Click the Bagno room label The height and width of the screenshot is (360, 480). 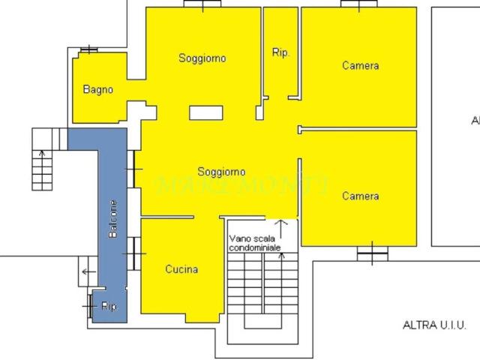point(98,90)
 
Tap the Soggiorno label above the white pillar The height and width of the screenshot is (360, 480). point(202,58)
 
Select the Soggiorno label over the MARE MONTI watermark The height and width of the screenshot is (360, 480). point(221,172)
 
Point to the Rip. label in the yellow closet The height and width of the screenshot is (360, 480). point(280,52)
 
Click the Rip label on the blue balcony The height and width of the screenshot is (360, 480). point(109,306)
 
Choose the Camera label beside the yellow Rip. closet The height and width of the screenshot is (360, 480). point(360,65)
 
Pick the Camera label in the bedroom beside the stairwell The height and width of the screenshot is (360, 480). point(360,196)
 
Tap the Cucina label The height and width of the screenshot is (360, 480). point(181,269)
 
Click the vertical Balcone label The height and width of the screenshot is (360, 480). point(113,219)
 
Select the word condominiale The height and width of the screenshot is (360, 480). point(255,247)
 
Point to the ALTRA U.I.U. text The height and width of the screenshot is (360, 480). point(434,325)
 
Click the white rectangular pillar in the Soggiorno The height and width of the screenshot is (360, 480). point(206,112)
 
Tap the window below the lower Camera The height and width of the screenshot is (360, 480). point(373,255)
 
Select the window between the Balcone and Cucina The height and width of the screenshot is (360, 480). point(135,253)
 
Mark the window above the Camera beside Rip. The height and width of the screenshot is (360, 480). point(358,4)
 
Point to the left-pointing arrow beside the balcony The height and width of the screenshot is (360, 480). point(85,271)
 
